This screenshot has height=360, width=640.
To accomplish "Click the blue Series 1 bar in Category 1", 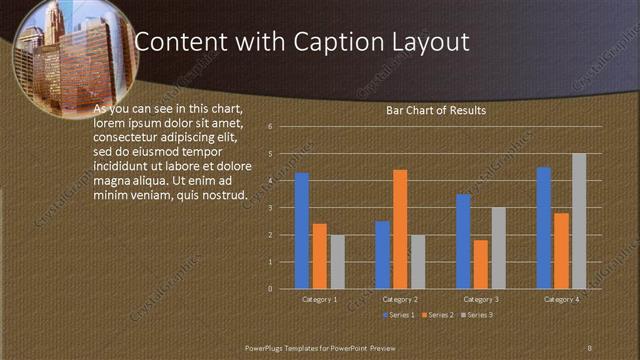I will point(301,231).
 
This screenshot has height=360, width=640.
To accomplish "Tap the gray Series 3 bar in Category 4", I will point(579,221).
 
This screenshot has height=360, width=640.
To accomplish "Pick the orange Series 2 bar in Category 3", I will point(481,264).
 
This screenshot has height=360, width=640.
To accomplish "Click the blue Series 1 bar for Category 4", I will point(543,228).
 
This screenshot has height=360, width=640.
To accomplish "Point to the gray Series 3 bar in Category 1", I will point(337,262).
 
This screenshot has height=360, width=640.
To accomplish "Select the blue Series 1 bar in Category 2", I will point(382,255).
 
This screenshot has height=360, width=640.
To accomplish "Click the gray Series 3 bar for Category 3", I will point(498,248).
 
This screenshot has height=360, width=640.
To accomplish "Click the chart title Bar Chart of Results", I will point(436,111).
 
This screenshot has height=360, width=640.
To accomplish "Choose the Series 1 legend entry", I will point(399,315).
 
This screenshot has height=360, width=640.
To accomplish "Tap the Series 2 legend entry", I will point(437,315).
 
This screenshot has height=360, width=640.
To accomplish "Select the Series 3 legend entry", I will point(476,315).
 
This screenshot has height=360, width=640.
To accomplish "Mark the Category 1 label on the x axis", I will point(319,299).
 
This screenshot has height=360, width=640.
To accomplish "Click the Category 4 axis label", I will point(561,299).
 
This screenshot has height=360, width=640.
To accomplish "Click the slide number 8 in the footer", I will point(589,346).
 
